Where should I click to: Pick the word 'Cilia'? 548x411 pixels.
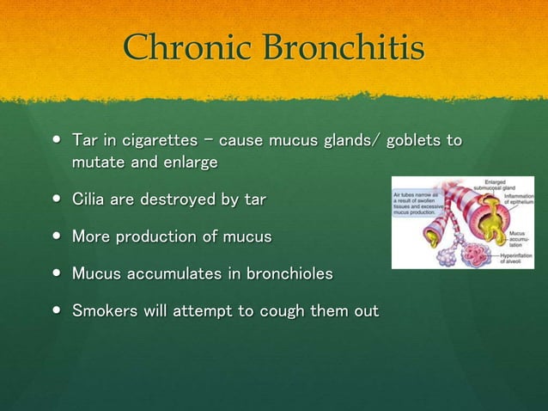(90, 200)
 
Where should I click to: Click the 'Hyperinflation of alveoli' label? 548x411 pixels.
(516, 258)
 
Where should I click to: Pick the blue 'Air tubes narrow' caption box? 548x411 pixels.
(412, 205)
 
